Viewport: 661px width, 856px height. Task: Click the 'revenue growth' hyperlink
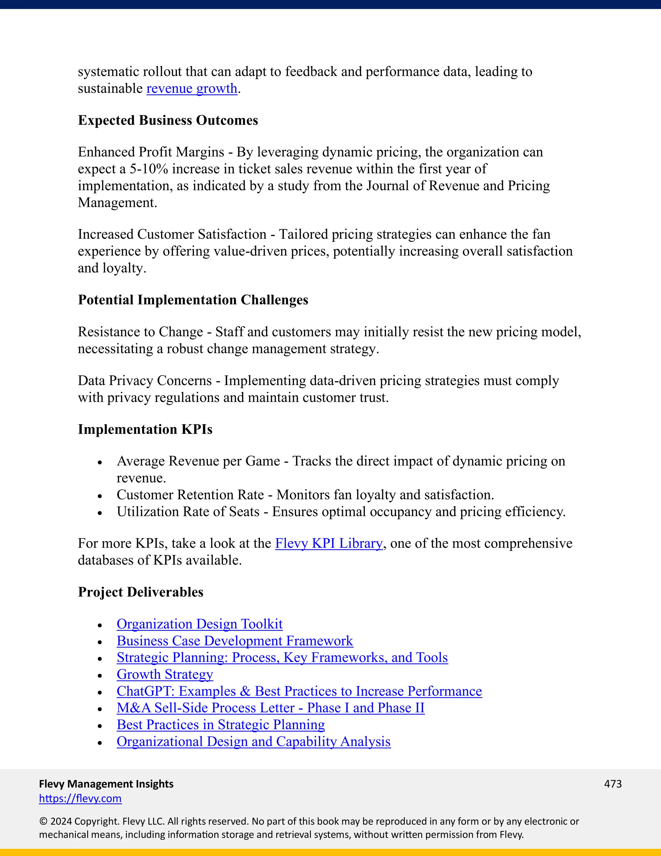click(x=192, y=89)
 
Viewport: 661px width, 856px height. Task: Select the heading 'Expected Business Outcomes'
click(x=168, y=120)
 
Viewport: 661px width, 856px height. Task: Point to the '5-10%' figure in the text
click(x=149, y=169)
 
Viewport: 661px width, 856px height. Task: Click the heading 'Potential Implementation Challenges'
click(x=193, y=300)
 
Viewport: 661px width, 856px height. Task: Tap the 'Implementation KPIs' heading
click(x=145, y=429)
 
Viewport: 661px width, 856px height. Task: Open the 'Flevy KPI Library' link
click(x=329, y=544)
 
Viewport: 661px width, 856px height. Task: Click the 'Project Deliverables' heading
click(x=141, y=592)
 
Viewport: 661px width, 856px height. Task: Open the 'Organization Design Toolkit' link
click(x=199, y=624)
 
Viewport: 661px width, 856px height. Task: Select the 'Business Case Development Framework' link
click(x=235, y=641)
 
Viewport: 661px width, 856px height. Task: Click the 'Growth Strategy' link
click(x=165, y=674)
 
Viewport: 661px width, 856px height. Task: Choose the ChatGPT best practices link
click(x=299, y=691)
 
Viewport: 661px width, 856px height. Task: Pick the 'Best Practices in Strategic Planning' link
click(x=220, y=725)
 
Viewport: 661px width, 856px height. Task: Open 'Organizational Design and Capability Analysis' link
click(x=253, y=742)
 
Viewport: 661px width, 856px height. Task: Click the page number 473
click(x=613, y=784)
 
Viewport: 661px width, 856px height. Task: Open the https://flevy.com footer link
click(x=80, y=799)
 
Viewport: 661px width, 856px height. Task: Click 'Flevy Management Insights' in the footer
click(x=106, y=784)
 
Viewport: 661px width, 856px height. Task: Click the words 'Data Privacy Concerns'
click(x=145, y=381)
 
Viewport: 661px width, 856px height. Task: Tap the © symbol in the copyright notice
click(x=43, y=821)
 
